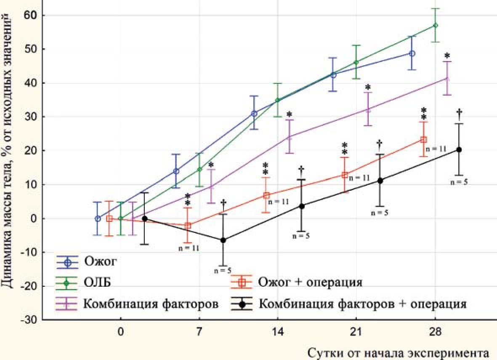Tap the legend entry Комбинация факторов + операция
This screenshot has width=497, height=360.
[362, 304]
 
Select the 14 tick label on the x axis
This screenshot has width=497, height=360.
[278, 332]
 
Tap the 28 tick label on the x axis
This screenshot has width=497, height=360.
[435, 332]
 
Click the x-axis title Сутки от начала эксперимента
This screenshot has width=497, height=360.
[399, 352]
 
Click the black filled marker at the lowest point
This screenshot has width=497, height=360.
[223, 240]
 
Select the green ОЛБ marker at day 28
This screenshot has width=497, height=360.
[436, 25]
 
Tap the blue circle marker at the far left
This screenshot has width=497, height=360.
[98, 219]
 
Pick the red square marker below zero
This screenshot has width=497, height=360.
[188, 226]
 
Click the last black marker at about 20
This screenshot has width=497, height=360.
[459, 150]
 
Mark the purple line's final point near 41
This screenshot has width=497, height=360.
[447, 78]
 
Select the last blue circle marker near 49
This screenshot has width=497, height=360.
[412, 53]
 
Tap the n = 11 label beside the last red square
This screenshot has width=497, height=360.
[436, 149]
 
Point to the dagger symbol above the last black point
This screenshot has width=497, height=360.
[459, 112]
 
